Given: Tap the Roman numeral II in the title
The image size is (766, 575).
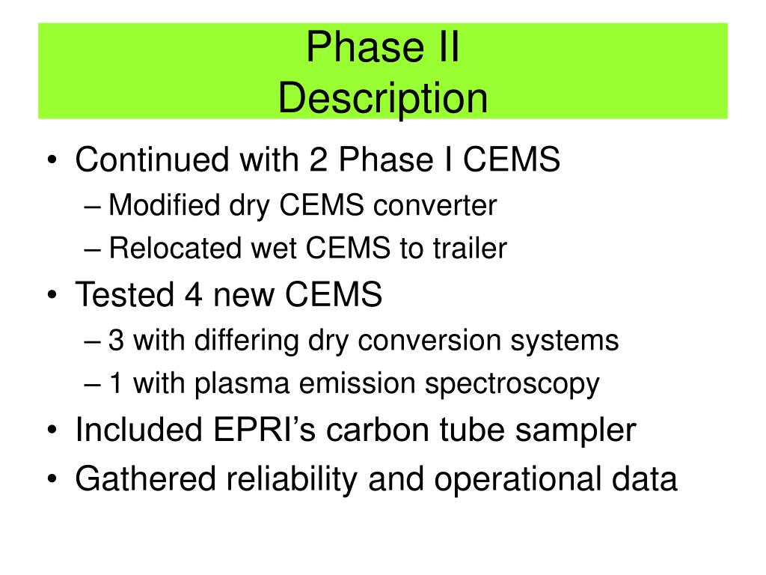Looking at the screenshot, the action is click(442, 49).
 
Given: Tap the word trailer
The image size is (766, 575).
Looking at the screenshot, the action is click(468, 249).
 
